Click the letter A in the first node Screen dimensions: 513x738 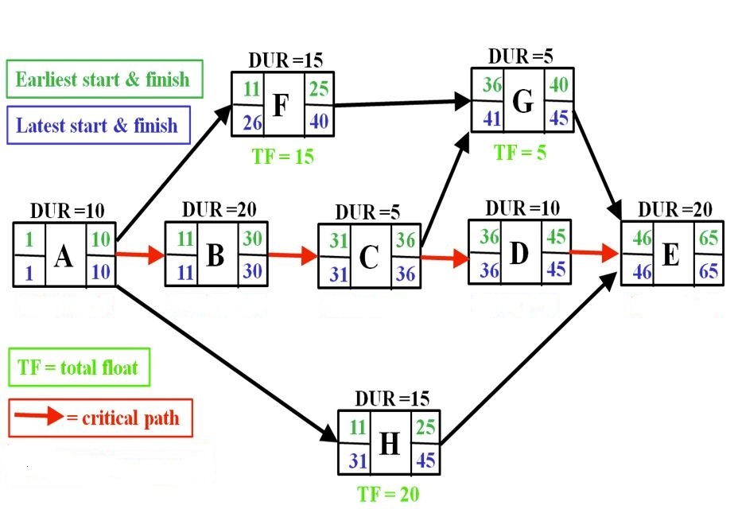click(64, 256)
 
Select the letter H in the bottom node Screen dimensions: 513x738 click(389, 445)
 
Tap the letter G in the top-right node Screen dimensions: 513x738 click(522, 102)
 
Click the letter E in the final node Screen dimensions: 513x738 click(670, 255)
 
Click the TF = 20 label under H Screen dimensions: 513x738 click(387, 495)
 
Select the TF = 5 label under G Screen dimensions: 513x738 click(520, 152)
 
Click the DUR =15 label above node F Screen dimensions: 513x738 click(285, 60)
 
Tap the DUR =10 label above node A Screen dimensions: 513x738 click(67, 211)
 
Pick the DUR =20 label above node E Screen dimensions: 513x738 click(675, 209)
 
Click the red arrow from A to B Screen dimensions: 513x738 click(141, 256)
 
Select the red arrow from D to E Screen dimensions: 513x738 click(594, 253)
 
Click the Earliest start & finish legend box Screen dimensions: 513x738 click(103, 80)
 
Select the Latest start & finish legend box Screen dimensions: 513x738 click(96, 126)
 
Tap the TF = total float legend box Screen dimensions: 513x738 click(76, 367)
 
